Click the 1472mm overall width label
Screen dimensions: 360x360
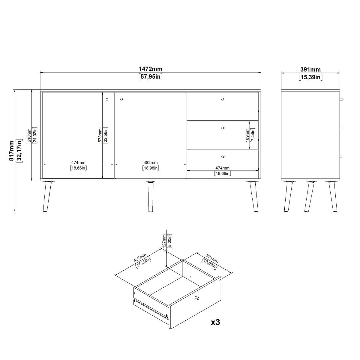click(150, 69)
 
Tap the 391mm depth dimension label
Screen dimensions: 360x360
click(310, 70)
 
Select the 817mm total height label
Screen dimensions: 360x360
click(12, 151)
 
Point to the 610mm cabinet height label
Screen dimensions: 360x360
click(29, 135)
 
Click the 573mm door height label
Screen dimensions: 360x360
click(100, 135)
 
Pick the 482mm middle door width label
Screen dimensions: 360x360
click(151, 163)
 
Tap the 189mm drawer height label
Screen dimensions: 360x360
click(247, 135)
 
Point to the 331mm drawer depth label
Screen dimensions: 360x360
click(212, 258)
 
